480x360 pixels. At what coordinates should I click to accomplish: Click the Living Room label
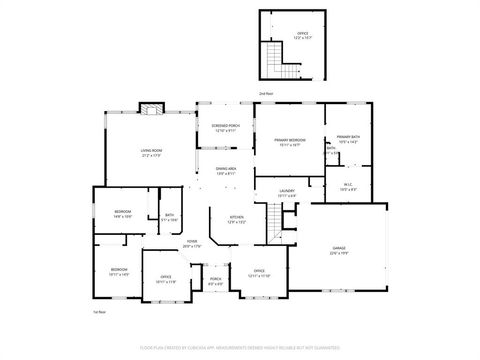tap(152, 152)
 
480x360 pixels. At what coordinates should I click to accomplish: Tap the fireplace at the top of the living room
tap(151, 108)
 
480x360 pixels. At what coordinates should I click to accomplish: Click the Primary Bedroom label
tap(290, 143)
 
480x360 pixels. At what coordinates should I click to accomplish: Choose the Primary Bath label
tap(347, 139)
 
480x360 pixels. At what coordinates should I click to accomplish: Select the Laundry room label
tap(286, 193)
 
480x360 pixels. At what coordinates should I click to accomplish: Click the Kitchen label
tap(237, 219)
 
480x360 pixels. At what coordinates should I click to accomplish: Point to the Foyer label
tap(191, 243)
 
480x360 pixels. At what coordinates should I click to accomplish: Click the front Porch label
tap(215, 281)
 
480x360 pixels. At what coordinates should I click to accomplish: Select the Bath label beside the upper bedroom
tap(169, 216)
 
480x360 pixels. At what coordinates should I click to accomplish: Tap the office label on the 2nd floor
tap(302, 35)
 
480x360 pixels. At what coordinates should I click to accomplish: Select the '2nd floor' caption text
tap(265, 93)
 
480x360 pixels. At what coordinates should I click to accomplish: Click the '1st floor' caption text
tap(100, 313)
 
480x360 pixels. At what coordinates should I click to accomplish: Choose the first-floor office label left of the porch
tap(165, 280)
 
